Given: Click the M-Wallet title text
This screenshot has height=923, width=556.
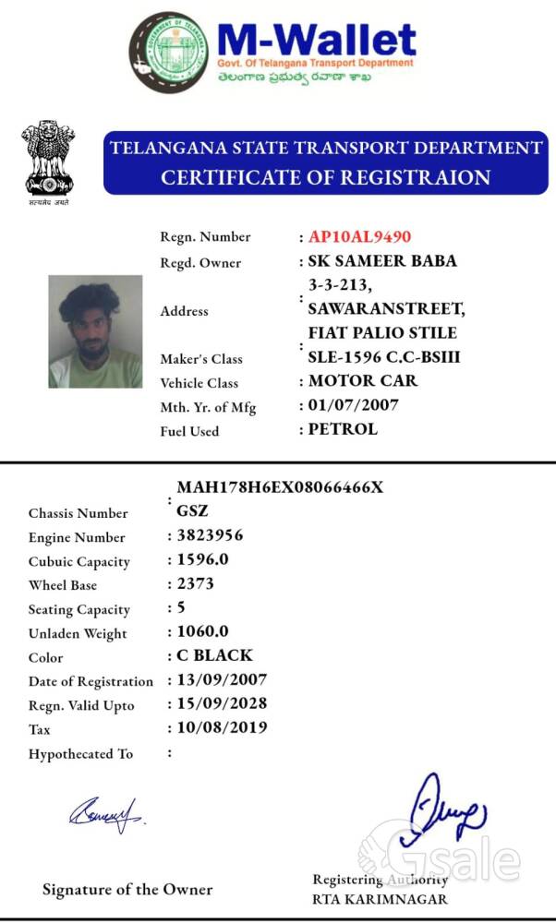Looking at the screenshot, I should (316, 42).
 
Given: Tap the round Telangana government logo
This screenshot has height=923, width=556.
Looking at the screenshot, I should (168, 53).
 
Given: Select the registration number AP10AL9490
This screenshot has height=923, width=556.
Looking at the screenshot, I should (360, 237).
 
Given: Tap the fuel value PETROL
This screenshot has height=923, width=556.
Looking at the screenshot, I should (343, 429).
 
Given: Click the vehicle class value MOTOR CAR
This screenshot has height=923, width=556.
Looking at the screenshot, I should (363, 381).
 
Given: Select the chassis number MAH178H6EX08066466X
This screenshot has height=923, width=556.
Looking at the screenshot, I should (280, 487).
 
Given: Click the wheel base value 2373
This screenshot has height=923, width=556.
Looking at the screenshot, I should (195, 583).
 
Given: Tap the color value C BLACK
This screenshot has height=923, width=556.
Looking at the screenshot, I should (214, 655).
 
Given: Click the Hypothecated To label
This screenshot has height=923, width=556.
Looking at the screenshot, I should (80, 754).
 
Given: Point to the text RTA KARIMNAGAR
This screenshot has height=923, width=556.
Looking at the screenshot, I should (380, 899).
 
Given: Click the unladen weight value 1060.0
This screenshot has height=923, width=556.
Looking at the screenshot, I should (202, 631).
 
